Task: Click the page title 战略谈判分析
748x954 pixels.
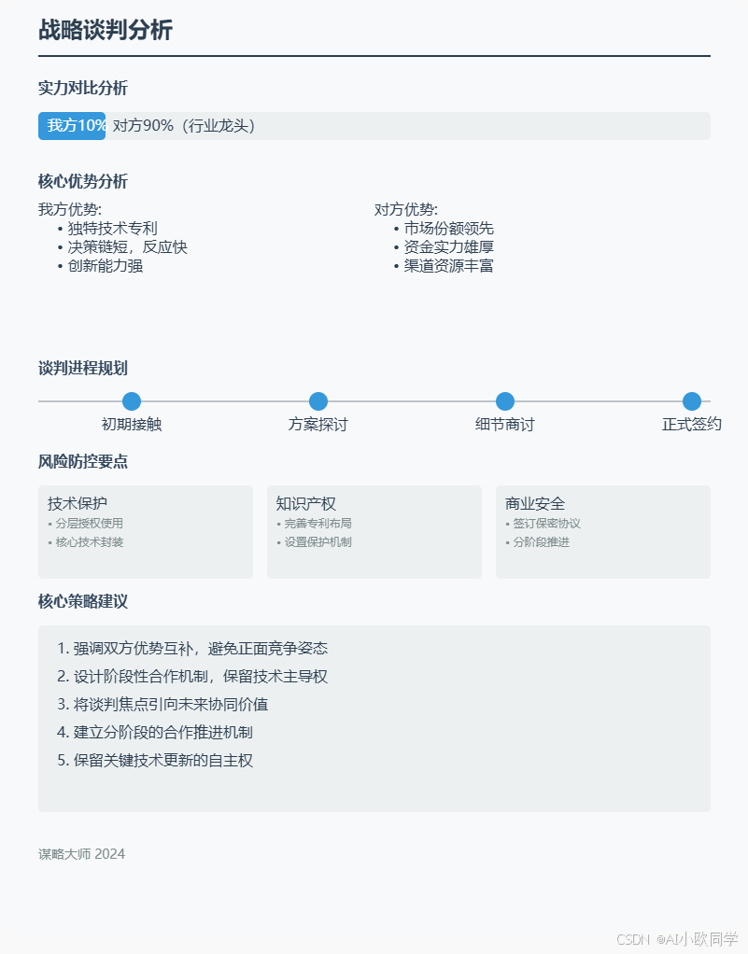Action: pyautogui.click(x=106, y=30)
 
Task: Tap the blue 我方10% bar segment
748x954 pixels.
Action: pyautogui.click(x=72, y=126)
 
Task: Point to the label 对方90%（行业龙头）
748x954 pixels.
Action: pyautogui.click(x=184, y=126)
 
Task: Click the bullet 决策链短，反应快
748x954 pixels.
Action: pyautogui.click(x=127, y=247)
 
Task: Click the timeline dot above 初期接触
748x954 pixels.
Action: pyautogui.click(x=132, y=401)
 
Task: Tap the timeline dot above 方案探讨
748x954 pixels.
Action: pyautogui.click(x=318, y=401)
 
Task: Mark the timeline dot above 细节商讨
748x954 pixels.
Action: pyautogui.click(x=505, y=401)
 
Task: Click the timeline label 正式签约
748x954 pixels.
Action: pyautogui.click(x=692, y=425)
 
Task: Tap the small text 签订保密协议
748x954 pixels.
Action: pyautogui.click(x=546, y=524)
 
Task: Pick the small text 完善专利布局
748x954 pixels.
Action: pyautogui.click(x=318, y=524)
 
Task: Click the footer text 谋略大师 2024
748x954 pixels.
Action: pyautogui.click(x=81, y=854)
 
